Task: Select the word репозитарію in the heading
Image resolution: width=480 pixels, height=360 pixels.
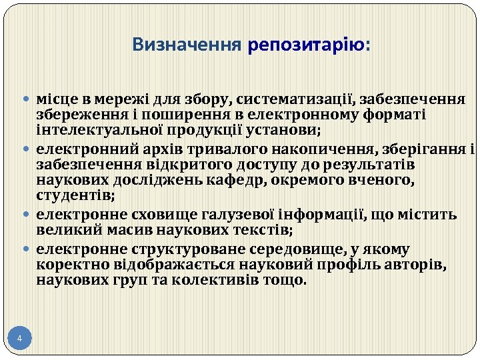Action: click(305, 45)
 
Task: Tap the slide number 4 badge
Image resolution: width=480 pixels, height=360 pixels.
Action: click(20, 339)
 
